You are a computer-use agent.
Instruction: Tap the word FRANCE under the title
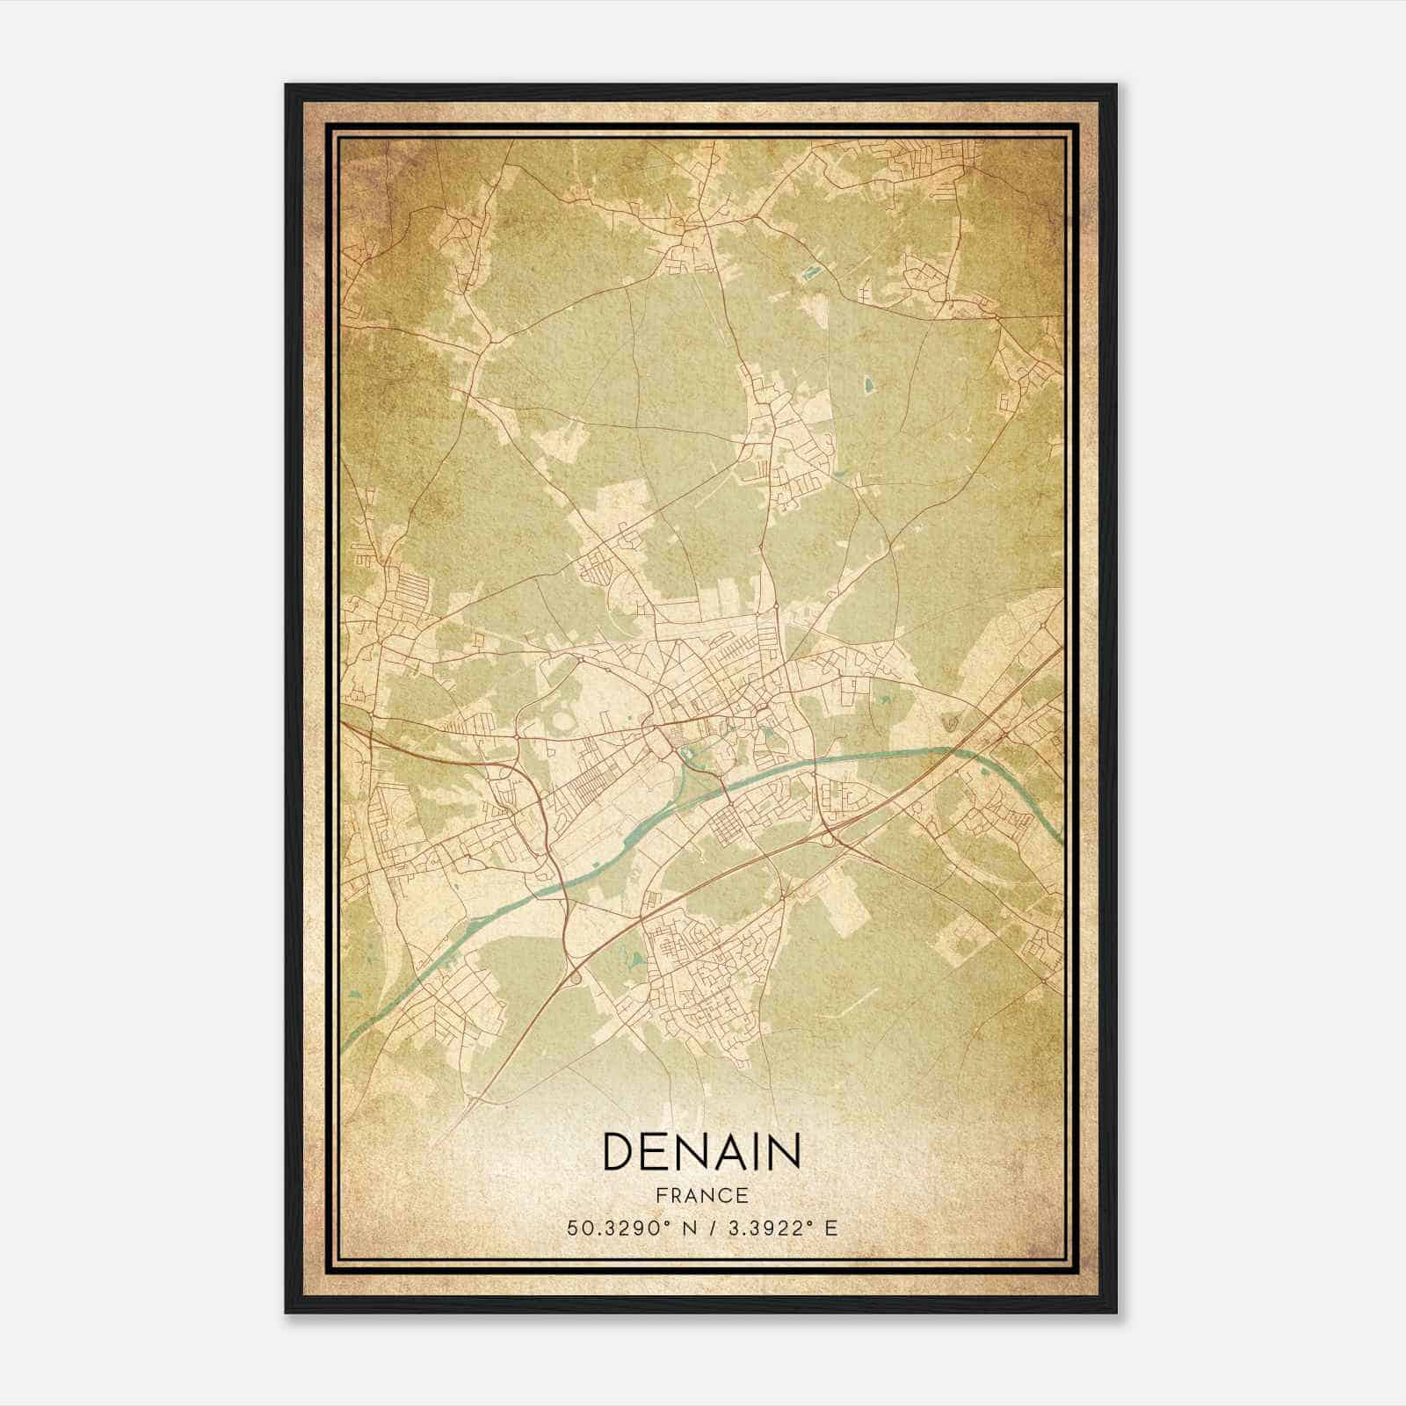pos(701,1195)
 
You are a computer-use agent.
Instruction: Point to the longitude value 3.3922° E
pos(779,1228)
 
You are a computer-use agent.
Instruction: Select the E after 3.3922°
pos(830,1228)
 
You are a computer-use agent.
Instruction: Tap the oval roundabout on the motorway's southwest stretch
pos(576,978)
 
